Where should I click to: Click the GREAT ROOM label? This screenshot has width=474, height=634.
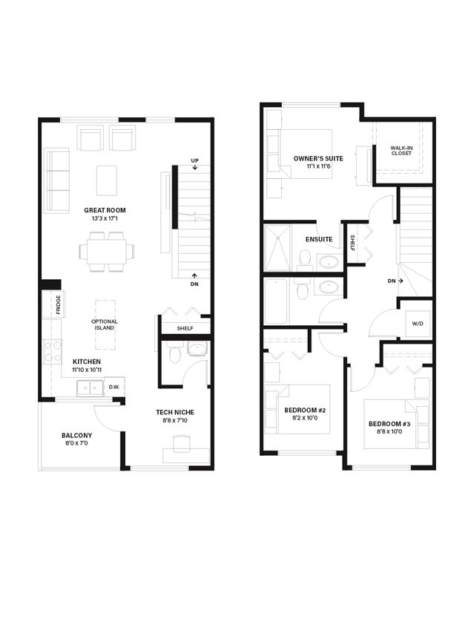click(x=105, y=210)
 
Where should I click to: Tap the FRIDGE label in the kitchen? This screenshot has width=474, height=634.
click(x=58, y=305)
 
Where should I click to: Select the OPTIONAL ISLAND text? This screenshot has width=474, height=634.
click(x=105, y=324)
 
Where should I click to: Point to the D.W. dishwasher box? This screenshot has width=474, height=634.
click(x=114, y=387)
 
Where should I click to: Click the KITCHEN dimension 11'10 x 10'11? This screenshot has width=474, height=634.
click(x=87, y=370)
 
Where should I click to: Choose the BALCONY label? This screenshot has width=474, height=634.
click(x=77, y=436)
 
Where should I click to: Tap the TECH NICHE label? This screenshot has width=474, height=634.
click(x=175, y=413)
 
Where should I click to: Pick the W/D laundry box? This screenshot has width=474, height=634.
click(x=418, y=324)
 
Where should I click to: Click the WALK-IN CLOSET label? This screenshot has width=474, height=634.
click(x=401, y=151)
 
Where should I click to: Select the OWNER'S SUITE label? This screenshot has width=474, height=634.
click(x=318, y=159)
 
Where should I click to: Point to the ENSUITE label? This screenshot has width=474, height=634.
click(x=319, y=239)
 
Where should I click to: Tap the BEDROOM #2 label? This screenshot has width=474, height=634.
click(x=305, y=410)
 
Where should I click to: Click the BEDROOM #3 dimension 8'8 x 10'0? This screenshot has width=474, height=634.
click(x=389, y=431)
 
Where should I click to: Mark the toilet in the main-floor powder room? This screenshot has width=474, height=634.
click(x=175, y=353)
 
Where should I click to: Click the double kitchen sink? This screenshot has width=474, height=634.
click(x=90, y=388)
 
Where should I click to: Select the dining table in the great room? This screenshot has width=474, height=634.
click(x=107, y=252)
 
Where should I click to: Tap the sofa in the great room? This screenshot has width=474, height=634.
click(x=57, y=180)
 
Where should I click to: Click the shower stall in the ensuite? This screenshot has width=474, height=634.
click(x=277, y=248)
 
